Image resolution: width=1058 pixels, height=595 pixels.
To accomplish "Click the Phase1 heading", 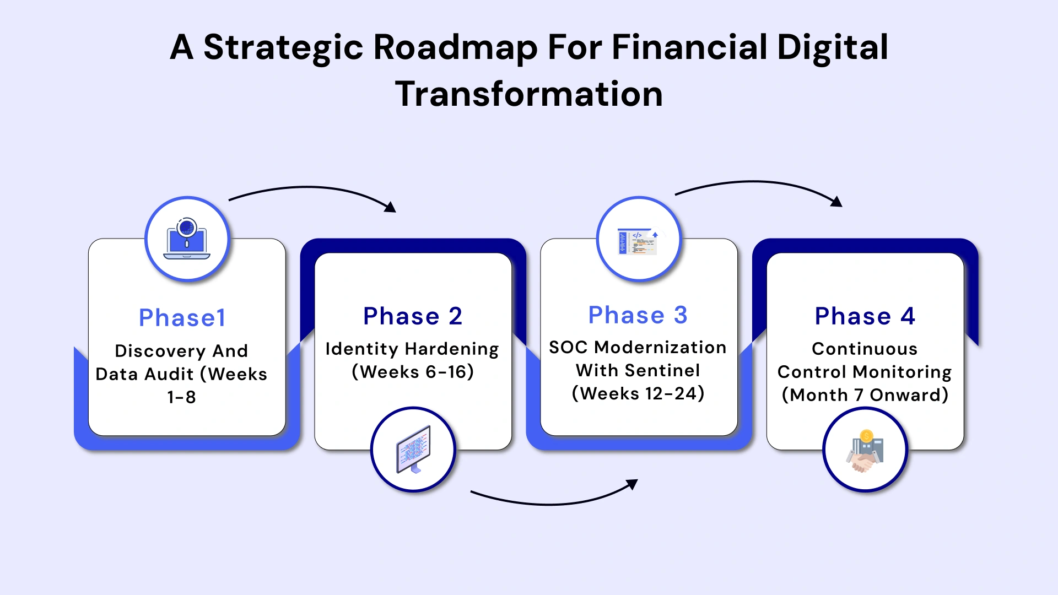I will coord(182,318).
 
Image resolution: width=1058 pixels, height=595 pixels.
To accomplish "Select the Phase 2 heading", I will coord(412,316).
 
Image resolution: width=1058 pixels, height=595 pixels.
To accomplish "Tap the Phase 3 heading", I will coord(638,315).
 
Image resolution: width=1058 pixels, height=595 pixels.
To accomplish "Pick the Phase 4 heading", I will coord(865,316).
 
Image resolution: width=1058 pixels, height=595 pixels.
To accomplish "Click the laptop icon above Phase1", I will coord(187,240).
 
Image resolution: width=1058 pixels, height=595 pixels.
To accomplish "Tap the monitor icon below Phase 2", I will coord(413,450).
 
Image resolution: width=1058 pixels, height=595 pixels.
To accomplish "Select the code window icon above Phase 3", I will coord(639,240).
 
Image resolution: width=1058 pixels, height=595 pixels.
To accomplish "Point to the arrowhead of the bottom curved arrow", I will coord(633,484).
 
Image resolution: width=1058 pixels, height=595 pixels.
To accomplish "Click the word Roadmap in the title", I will coord(455,47).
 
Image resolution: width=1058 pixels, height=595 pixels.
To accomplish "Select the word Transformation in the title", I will coord(529,94).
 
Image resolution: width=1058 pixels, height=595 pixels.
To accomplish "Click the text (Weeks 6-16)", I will coord(413,372).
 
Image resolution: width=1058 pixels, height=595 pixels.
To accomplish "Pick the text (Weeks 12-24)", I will coord(638,394).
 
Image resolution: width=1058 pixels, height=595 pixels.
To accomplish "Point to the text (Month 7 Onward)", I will coord(865,395).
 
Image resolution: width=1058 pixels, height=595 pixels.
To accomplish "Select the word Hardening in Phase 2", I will coord(451,349).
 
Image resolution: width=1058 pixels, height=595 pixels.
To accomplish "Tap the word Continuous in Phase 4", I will coord(865,349).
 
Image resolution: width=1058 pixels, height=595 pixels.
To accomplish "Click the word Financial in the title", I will coord(689,47).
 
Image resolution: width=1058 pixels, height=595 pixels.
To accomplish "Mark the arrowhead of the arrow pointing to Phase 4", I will coord(837,202).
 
